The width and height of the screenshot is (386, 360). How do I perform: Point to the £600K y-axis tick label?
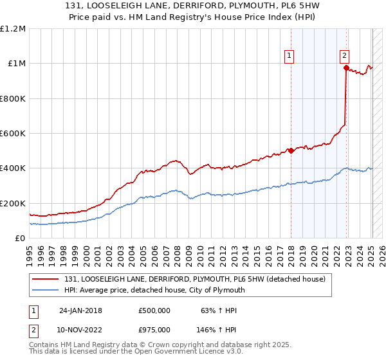pos(13,134)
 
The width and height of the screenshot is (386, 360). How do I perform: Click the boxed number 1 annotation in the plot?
pos(290,57)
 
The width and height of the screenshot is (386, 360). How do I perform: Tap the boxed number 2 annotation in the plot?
pos(345,57)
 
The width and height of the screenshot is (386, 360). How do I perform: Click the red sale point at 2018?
pos(291,151)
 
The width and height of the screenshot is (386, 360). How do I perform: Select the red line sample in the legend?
pos(46,279)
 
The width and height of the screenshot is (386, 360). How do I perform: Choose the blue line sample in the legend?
pos(46,290)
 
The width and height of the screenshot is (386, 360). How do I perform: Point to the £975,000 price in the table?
pos(154,330)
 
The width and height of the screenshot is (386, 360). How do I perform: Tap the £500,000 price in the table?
pos(154,310)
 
